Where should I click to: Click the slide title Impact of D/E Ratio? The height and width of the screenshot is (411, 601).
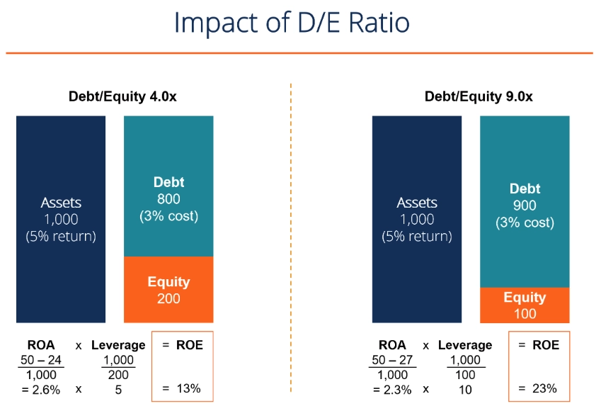292,23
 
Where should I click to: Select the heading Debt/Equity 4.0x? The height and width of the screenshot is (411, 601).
122,96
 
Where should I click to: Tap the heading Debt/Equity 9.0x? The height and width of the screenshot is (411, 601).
479,96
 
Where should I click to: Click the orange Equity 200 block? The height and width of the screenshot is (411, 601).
168,289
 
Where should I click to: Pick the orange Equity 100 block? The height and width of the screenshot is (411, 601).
525,305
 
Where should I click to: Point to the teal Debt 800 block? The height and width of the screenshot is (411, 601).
168,199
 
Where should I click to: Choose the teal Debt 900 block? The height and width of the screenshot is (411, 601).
525,205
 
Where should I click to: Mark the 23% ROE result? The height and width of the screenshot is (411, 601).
542,388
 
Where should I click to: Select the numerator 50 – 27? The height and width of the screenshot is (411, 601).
394,360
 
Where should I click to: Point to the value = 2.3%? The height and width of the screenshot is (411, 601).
394,388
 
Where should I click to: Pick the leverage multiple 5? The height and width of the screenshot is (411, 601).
118,388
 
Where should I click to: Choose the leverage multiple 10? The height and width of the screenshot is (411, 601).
464,388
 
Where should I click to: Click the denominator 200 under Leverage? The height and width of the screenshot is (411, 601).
118,374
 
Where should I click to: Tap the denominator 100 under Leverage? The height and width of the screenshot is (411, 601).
464,374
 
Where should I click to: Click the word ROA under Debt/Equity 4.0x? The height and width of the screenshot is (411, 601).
40,345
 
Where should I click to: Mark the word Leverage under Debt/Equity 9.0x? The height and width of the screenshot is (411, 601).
464,345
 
